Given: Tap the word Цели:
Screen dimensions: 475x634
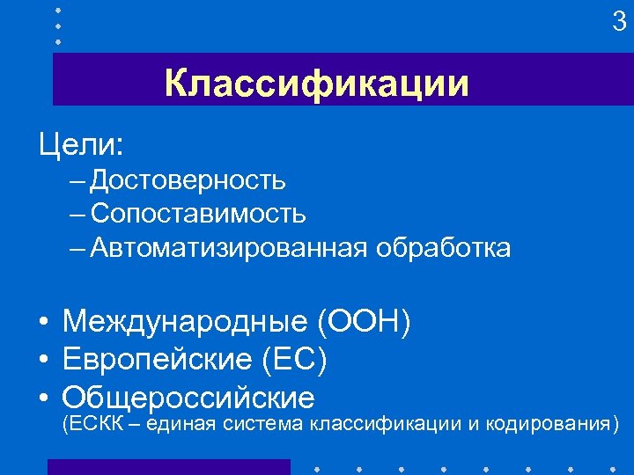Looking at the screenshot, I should (81, 142).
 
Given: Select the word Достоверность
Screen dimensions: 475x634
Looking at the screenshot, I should (188, 180).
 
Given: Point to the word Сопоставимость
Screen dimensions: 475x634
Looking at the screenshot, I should (198, 213).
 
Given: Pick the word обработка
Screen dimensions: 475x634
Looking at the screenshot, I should (443, 248).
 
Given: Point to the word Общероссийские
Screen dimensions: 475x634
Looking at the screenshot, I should (188, 398).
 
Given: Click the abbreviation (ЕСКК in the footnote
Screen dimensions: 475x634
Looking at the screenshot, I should (88, 425).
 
